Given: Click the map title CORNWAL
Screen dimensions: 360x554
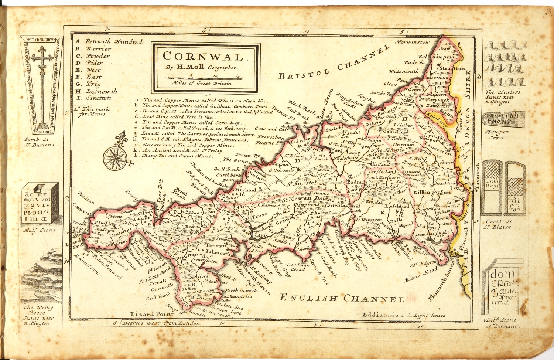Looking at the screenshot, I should [x=204, y=57].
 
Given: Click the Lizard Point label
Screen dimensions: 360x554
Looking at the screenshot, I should [x=152, y=314].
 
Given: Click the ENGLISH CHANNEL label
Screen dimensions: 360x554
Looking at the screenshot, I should [x=342, y=298].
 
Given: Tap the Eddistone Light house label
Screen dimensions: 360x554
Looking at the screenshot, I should [x=404, y=315].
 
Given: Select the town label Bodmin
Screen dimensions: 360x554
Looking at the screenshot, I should [x=357, y=182].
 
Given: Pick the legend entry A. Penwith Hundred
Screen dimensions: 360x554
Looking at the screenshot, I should [x=109, y=42].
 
